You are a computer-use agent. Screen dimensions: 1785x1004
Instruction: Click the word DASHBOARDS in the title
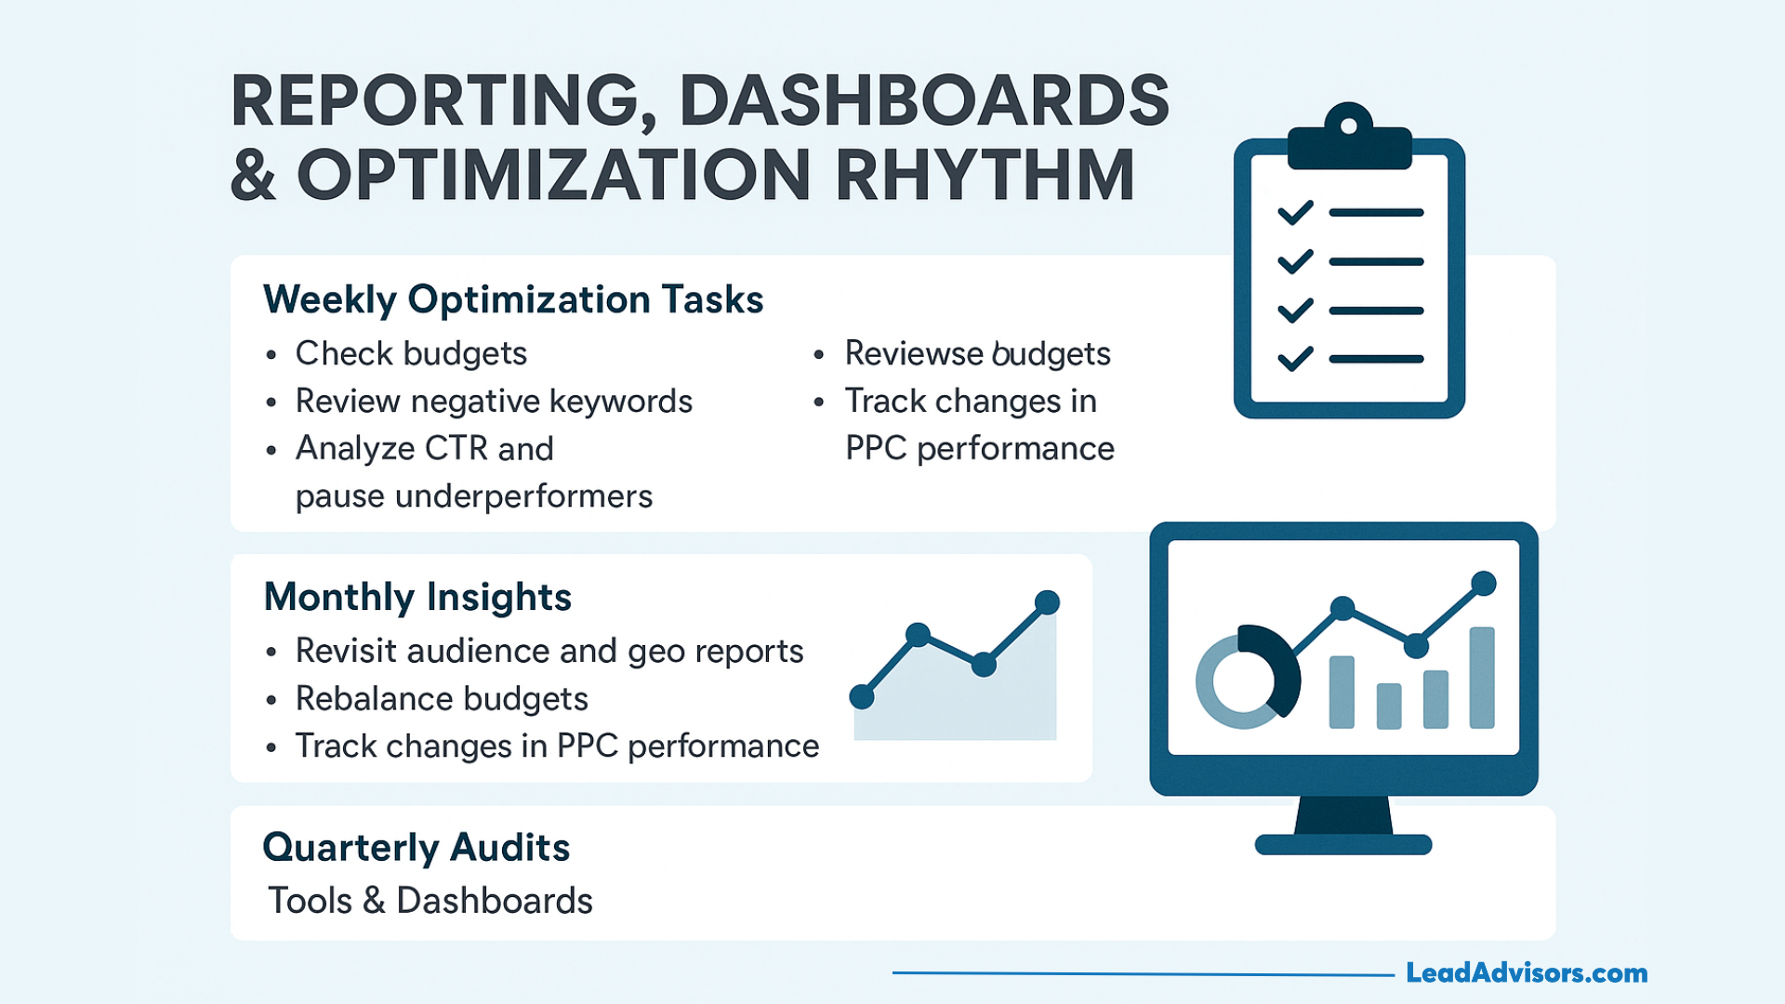point(924,100)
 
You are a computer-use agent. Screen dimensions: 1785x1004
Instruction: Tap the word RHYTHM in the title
point(985,175)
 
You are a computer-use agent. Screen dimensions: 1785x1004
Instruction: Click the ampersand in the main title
point(253,175)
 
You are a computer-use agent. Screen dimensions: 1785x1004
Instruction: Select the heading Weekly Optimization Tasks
point(513,299)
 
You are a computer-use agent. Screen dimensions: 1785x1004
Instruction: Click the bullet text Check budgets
point(411,354)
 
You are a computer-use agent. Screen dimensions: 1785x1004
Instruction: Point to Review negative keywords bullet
point(494,402)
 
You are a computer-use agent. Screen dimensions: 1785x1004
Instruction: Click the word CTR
point(456,448)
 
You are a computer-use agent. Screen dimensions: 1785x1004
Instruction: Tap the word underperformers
point(523,496)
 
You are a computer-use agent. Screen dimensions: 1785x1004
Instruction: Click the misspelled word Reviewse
point(913,353)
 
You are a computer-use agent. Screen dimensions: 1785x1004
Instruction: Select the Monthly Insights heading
point(417,597)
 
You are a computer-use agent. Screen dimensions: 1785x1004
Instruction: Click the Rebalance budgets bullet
point(442,699)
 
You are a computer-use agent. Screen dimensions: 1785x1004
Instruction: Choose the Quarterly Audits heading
point(416,848)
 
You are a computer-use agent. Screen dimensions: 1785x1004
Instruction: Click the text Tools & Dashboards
point(430,901)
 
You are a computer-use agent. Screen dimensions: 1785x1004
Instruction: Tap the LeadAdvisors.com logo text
point(1527,972)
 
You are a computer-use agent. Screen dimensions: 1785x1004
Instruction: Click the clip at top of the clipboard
point(1349,138)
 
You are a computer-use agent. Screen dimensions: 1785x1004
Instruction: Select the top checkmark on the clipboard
point(1295,213)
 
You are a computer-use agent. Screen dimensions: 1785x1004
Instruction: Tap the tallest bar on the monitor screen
point(1482,678)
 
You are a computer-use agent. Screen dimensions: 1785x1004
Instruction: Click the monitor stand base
point(1343,844)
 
